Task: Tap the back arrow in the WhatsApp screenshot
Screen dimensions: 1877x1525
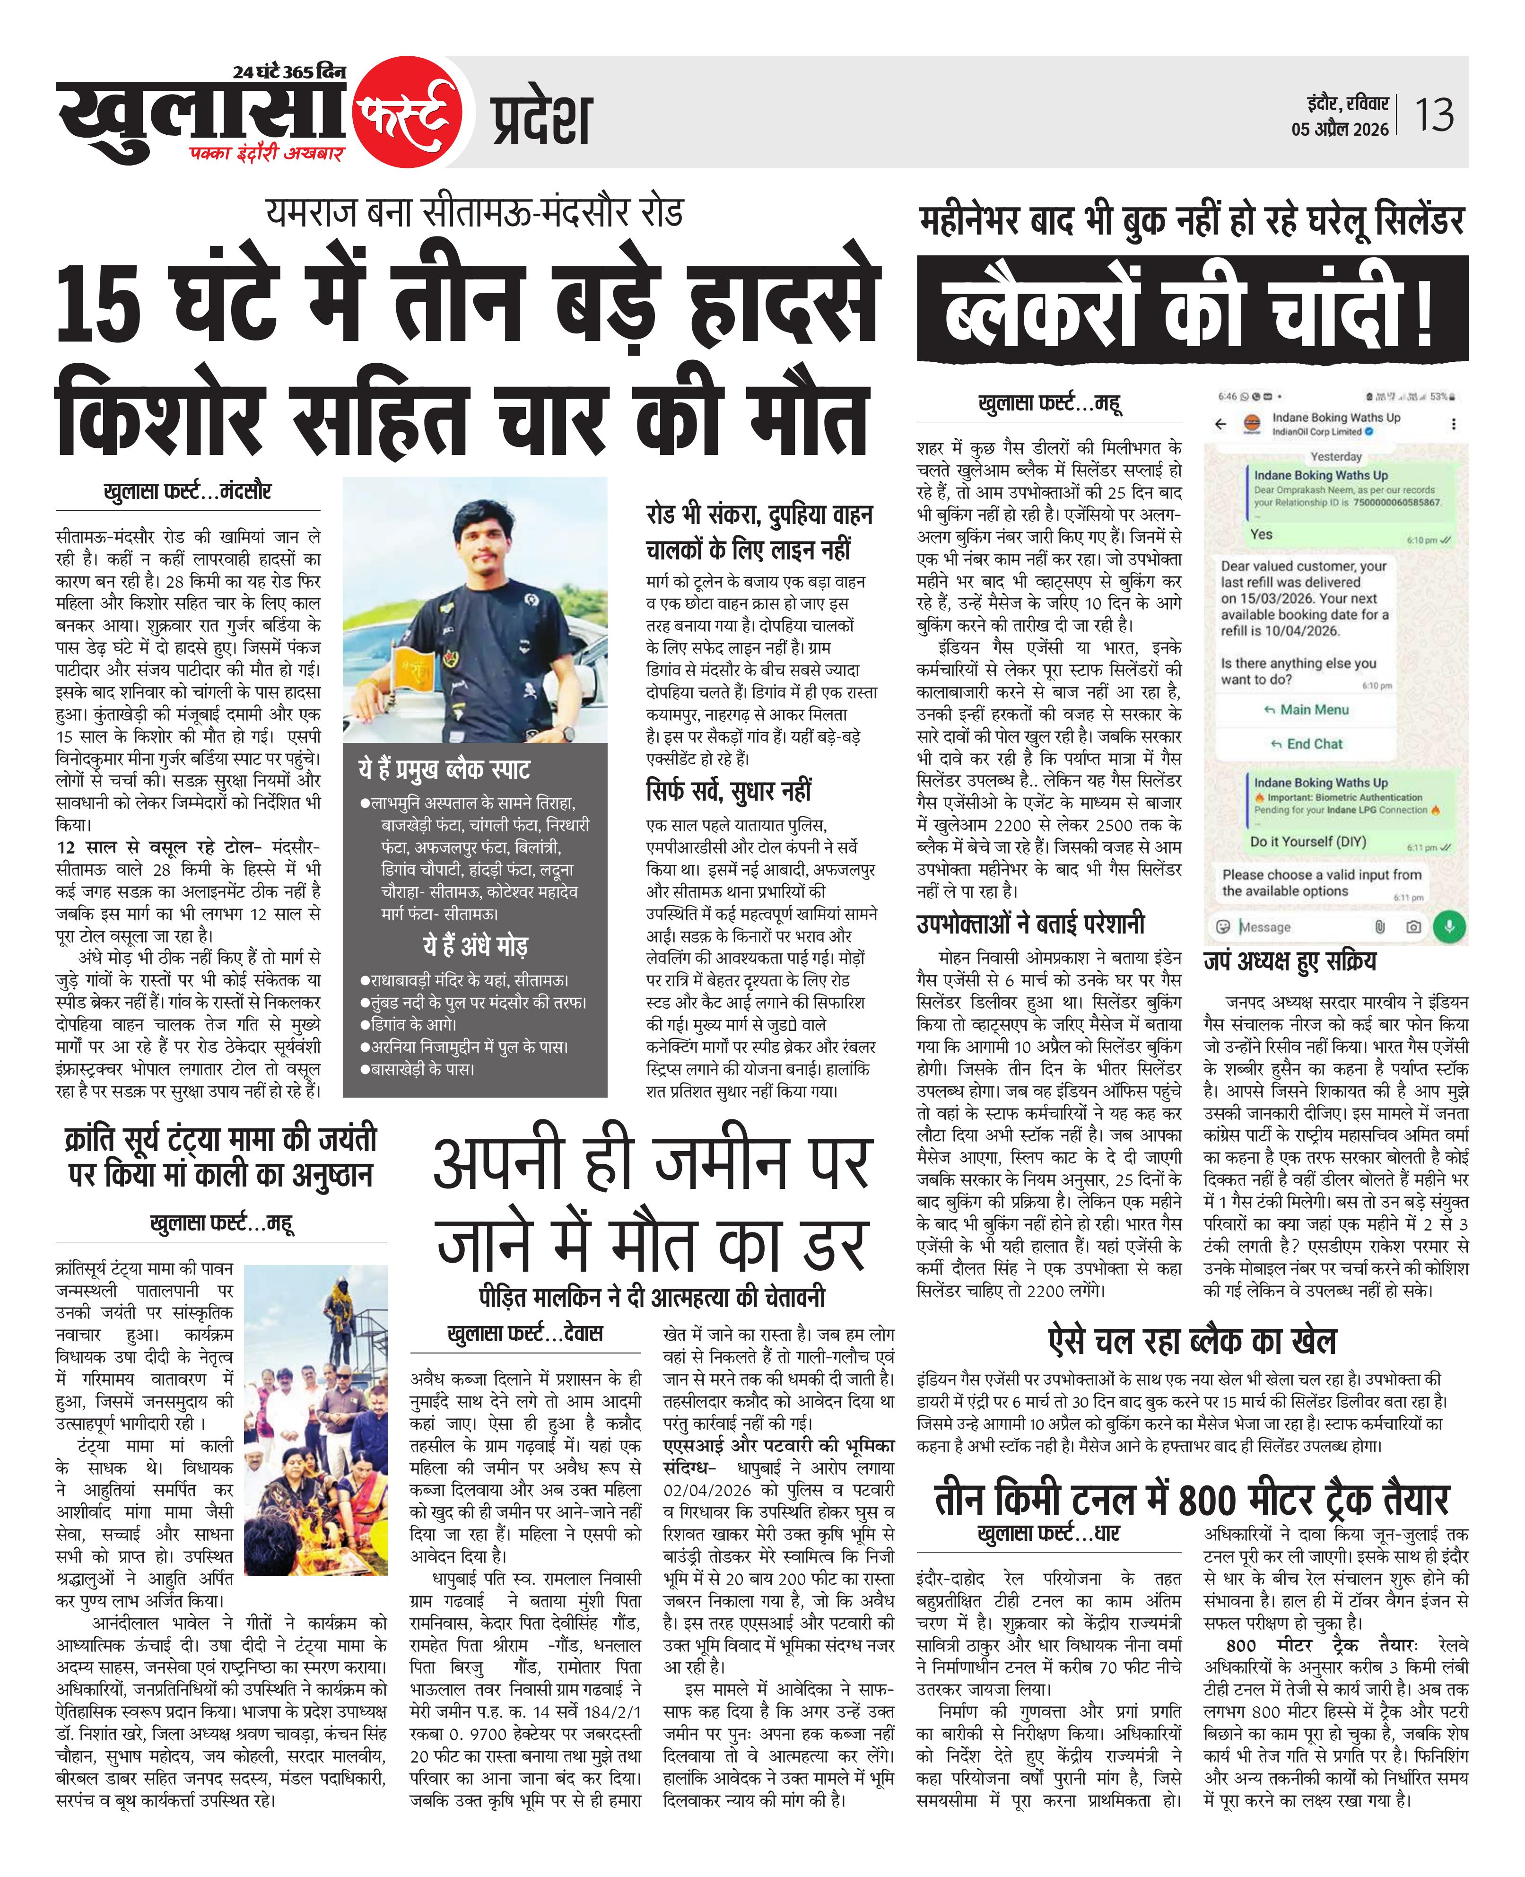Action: click(x=1220, y=424)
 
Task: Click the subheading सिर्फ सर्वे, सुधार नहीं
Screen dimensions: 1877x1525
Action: click(x=728, y=791)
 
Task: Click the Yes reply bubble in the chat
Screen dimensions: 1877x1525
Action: click(x=1262, y=534)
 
